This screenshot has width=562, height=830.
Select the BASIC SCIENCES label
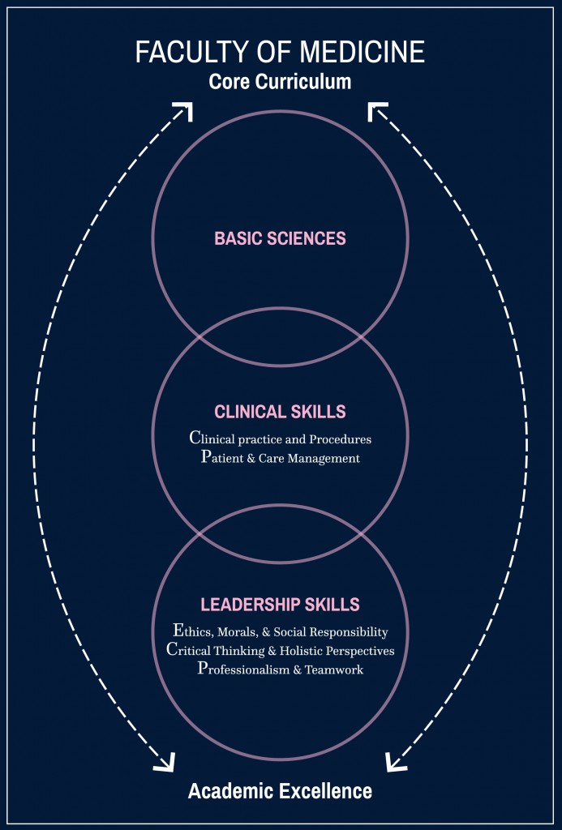click(x=281, y=238)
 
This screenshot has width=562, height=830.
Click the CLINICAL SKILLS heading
click(x=281, y=411)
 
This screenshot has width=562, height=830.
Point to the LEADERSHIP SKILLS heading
click(x=281, y=604)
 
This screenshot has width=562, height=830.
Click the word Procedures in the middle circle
click(x=340, y=439)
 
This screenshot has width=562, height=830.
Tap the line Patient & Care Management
click(x=281, y=457)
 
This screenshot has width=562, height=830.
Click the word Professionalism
click(x=243, y=669)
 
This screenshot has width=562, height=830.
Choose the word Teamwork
click(x=334, y=669)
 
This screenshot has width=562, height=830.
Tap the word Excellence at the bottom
click(x=326, y=791)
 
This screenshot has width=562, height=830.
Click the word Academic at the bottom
click(x=231, y=791)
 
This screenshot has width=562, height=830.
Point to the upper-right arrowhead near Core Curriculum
click(x=378, y=112)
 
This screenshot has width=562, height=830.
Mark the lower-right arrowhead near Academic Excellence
click(x=396, y=761)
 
